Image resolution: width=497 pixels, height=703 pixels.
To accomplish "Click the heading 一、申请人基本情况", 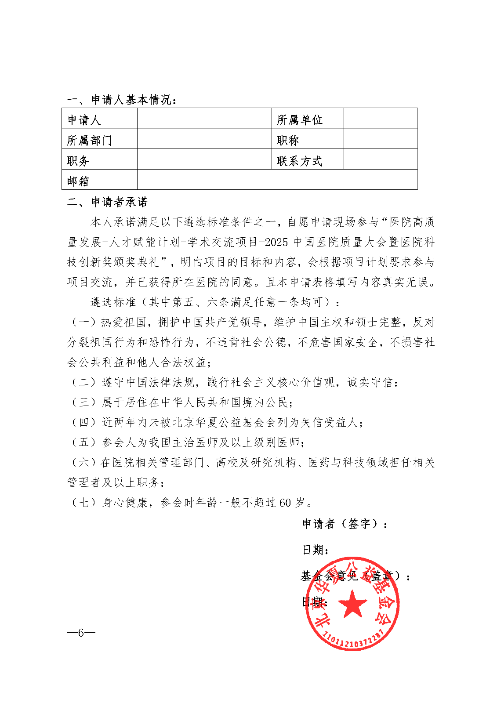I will (122, 100).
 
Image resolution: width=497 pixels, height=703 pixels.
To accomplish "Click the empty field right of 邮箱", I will (277, 180).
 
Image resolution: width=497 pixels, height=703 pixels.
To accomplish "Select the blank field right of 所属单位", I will (380, 118).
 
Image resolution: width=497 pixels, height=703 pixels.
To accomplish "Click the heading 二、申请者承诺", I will (108, 202).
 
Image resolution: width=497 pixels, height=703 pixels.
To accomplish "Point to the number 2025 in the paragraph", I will (277, 242).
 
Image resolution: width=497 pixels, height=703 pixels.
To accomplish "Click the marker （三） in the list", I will (83, 402).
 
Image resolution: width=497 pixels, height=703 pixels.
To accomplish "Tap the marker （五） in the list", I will (83, 442).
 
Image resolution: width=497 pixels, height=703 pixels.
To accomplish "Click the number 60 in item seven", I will (285, 503).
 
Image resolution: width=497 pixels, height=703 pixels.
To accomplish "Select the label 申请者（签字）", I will (345, 524).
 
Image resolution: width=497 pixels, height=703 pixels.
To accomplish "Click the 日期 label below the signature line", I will (316, 550).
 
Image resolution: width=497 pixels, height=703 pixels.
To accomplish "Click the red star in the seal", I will (352, 604).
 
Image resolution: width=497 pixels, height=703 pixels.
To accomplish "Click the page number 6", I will (81, 633).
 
